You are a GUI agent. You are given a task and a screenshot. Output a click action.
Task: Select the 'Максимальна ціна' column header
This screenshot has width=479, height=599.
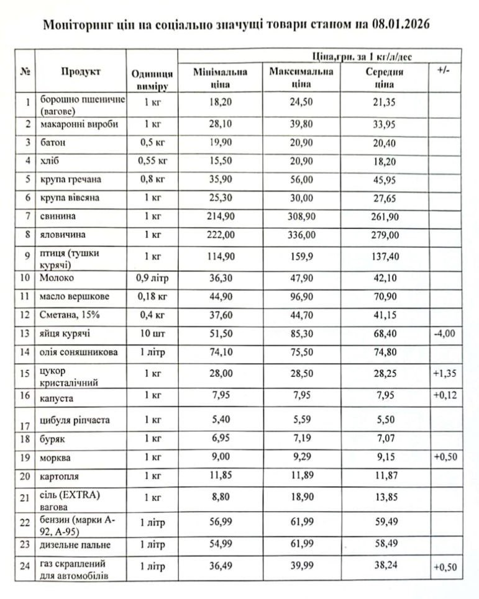point(301,78)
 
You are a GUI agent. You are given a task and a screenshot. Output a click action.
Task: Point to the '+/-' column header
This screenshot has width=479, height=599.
point(444,71)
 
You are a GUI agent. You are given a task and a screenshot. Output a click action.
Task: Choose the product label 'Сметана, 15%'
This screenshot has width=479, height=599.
point(70,315)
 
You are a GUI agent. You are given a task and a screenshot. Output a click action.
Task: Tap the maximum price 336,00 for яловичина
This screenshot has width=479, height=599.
point(301,236)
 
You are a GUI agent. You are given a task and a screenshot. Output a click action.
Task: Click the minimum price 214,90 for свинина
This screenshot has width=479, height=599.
point(221,217)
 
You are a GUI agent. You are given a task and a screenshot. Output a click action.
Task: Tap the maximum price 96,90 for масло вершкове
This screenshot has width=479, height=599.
point(301,296)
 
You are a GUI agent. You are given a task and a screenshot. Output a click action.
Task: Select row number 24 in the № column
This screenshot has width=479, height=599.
point(25,569)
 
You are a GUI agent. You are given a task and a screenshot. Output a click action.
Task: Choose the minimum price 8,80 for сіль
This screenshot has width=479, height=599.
point(221,497)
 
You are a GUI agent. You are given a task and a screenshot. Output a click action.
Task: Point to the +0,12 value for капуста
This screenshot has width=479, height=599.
point(444,395)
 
